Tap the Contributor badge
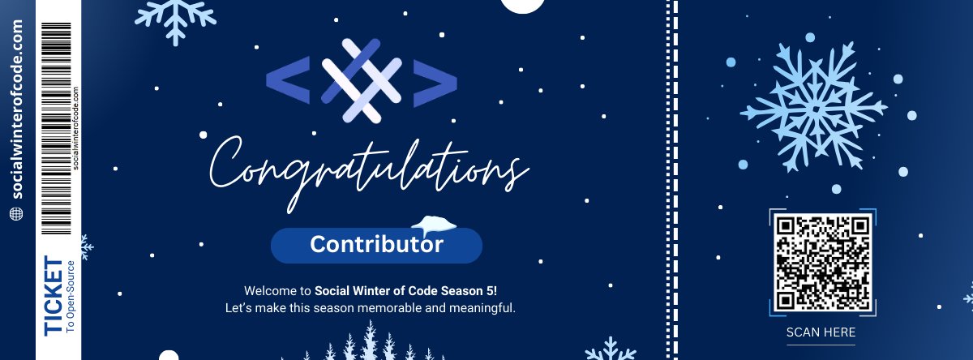point(376,245)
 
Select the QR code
point(822,263)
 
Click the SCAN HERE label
point(821,332)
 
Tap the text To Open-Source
point(71,297)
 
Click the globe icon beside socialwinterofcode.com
point(17,213)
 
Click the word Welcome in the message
point(266,290)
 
